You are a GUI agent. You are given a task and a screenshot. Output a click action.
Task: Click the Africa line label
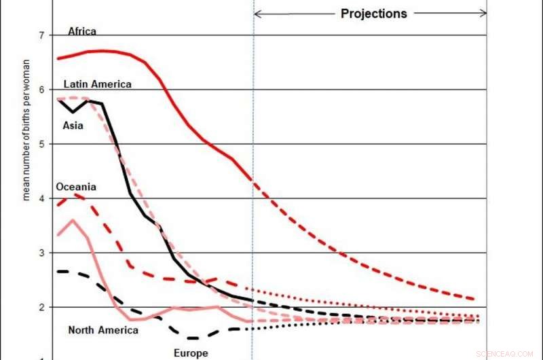click(82, 31)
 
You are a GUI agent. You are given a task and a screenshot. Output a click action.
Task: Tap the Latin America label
click(98, 84)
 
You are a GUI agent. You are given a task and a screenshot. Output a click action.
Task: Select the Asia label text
click(73, 126)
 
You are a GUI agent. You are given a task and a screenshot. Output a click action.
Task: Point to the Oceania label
click(76, 187)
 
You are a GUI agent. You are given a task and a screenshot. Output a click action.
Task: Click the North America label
click(103, 330)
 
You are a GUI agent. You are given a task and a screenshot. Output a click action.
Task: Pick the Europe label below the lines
click(191, 353)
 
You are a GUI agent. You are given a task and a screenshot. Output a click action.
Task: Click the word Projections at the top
click(374, 14)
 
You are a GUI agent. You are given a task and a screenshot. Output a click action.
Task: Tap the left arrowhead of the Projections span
click(257, 13)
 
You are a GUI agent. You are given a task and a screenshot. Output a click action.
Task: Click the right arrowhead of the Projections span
click(483, 13)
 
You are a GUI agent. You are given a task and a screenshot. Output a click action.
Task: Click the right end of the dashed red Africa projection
click(473, 299)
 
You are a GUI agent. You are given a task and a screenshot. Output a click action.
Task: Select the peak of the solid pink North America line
click(73, 220)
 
